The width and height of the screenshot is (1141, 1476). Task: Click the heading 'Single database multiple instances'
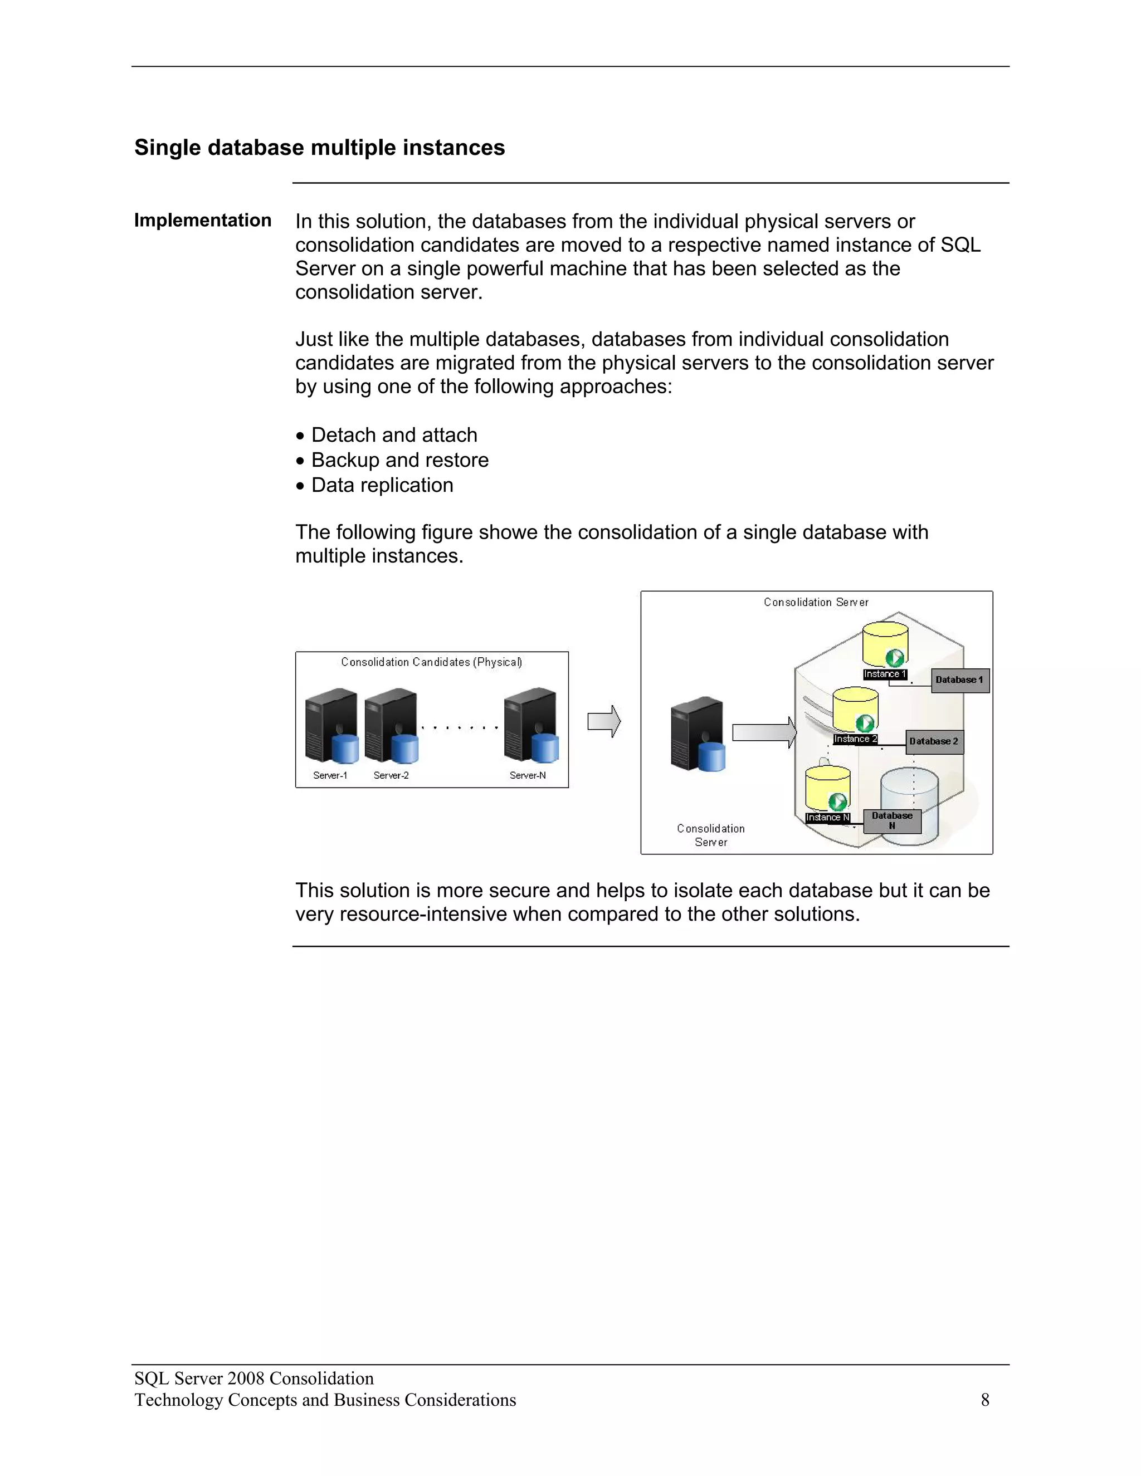click(319, 148)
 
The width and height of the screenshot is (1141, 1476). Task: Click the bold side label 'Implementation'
click(202, 221)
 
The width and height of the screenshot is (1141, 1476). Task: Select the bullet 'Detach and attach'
click(393, 434)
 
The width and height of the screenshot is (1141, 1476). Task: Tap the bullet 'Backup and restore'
click(399, 460)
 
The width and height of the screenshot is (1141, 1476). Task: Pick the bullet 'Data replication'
click(381, 485)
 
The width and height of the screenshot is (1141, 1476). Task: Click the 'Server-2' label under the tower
click(391, 775)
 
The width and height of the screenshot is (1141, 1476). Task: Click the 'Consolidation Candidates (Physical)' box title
click(431, 662)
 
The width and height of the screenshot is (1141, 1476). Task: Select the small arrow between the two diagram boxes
click(603, 721)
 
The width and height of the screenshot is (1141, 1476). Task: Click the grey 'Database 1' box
click(959, 680)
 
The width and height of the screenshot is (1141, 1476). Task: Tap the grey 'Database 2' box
click(934, 741)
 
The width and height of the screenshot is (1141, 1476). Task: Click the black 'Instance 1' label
click(884, 674)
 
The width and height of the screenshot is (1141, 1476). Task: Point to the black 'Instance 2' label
click(855, 739)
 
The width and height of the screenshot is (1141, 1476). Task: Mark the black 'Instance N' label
click(827, 817)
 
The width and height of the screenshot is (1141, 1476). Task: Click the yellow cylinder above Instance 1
click(884, 642)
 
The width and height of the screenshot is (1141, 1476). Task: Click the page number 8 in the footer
click(984, 1400)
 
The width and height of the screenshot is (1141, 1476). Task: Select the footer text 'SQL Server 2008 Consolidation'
click(253, 1378)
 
